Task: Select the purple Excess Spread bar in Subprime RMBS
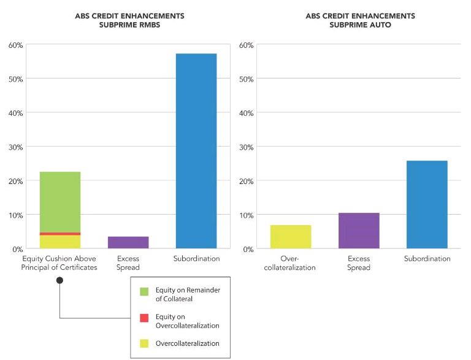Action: tap(128, 242)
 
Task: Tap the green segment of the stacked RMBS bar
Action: tap(59, 202)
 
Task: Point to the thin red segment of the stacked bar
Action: tap(59, 234)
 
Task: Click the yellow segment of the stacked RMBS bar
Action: tap(59, 242)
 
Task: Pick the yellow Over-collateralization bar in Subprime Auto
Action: tap(291, 237)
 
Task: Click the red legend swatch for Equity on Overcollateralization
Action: tap(144, 317)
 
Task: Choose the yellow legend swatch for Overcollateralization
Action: tap(144, 343)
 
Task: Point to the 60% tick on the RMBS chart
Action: tap(15, 45)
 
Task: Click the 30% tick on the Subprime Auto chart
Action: tap(247, 147)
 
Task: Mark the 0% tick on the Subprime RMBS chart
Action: tap(17, 249)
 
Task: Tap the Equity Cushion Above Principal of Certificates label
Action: tap(59, 263)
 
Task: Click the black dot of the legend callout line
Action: tap(59, 280)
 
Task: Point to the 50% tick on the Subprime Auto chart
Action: tap(247, 79)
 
